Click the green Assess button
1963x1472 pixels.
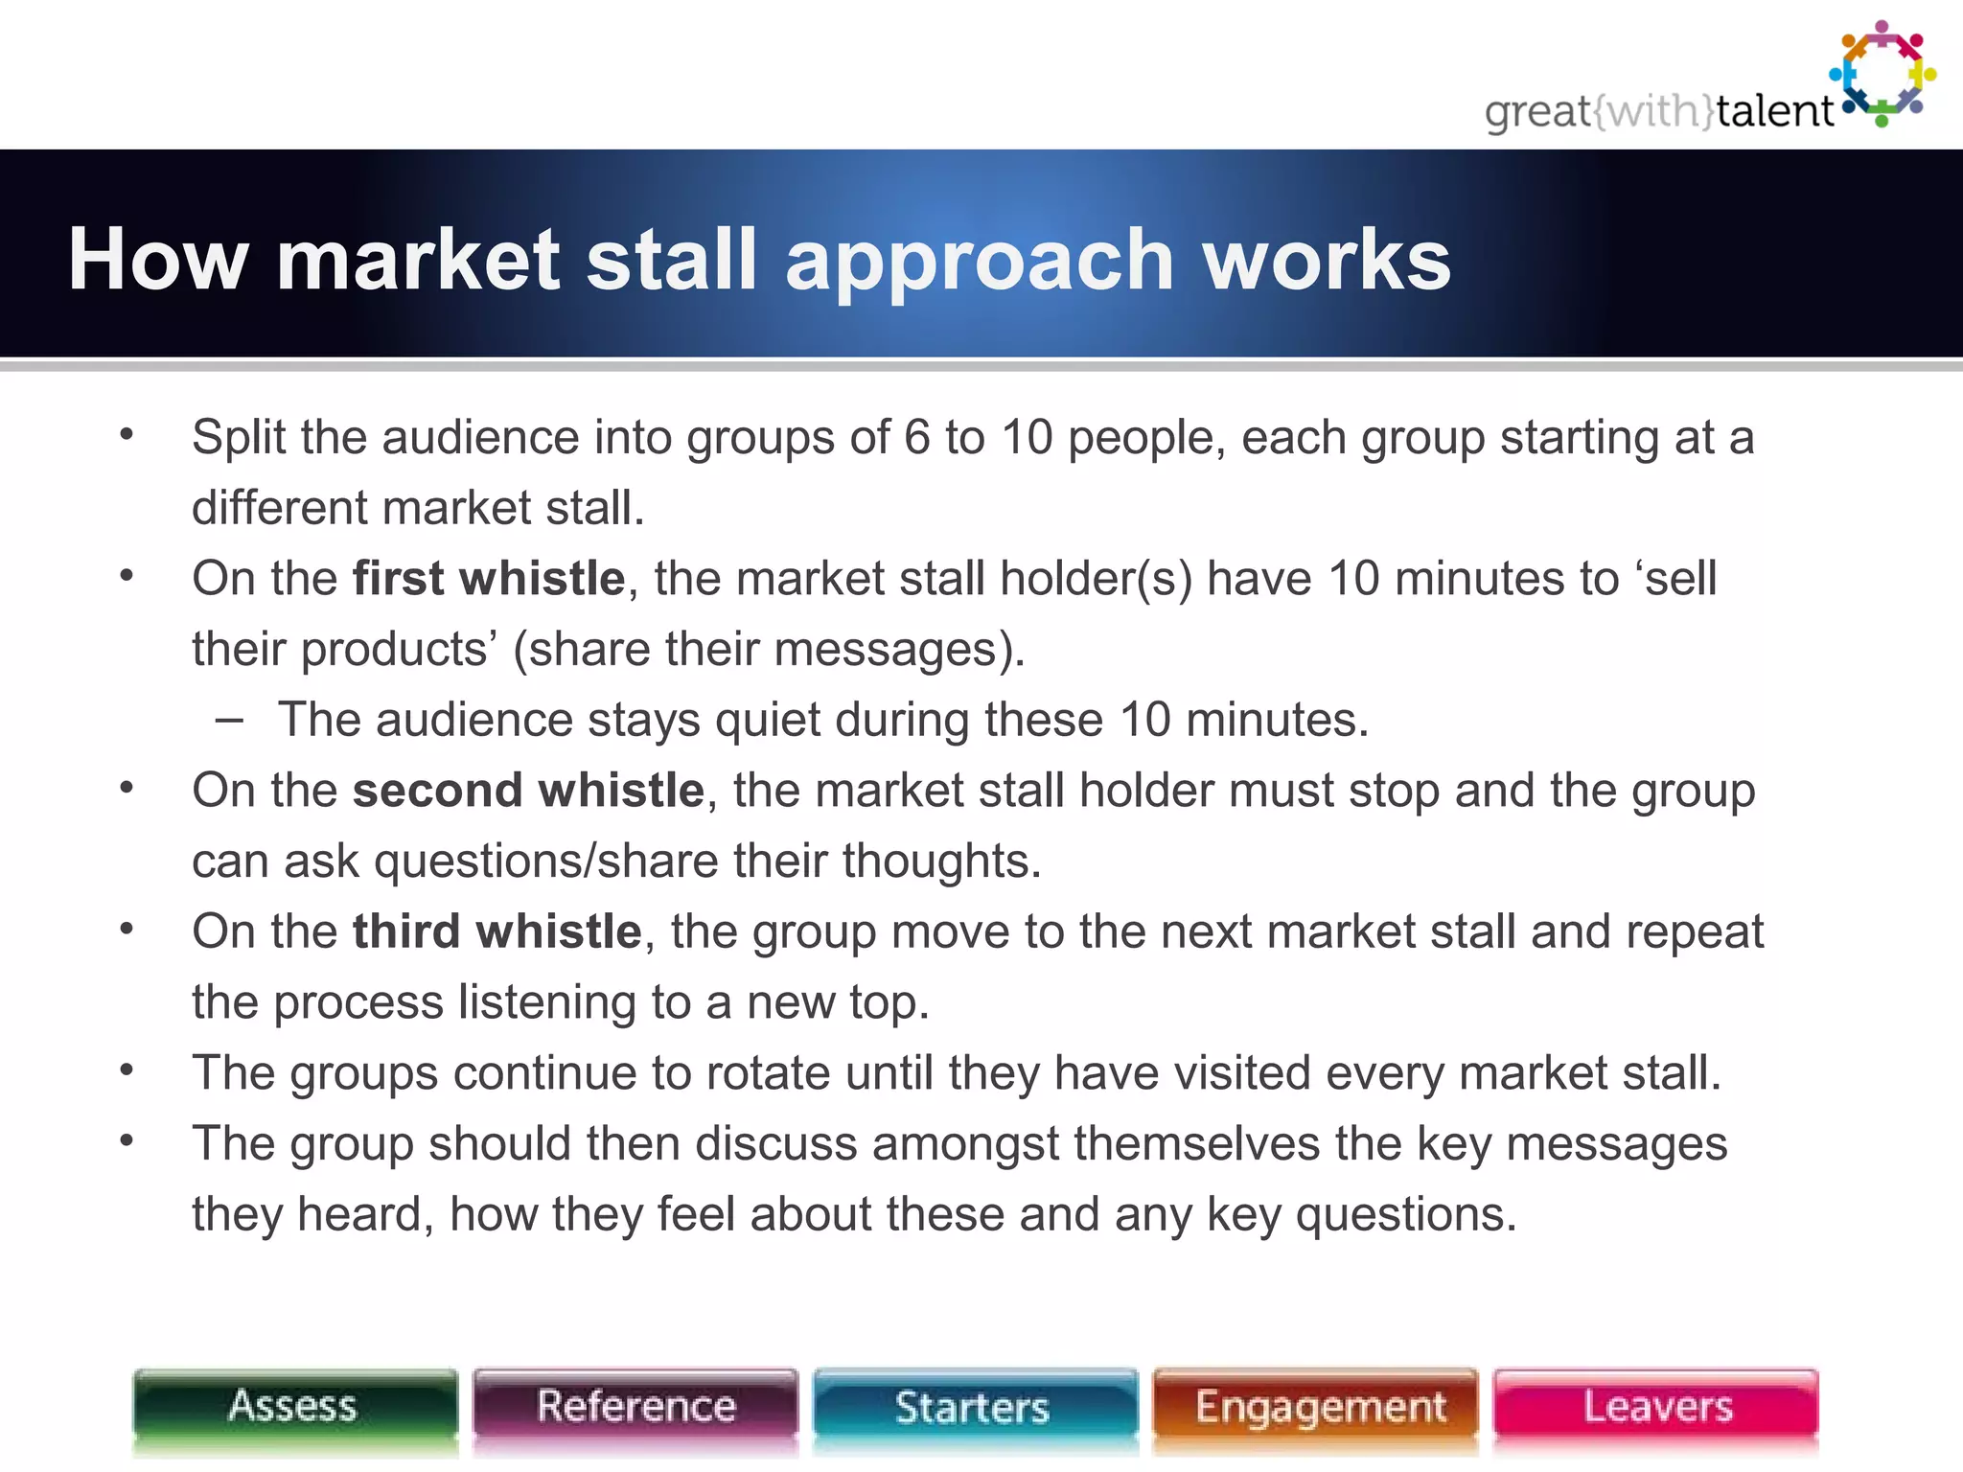coord(294,1407)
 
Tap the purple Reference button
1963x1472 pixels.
coord(635,1407)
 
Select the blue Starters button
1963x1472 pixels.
coord(974,1407)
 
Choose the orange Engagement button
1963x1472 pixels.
coord(1315,1407)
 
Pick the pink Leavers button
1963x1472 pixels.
coord(1655,1407)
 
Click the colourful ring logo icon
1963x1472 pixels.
coord(1882,73)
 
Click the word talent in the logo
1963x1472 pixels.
coord(1774,111)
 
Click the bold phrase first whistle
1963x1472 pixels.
coord(489,579)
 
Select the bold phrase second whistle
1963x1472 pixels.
coord(528,791)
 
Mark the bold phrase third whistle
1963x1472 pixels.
coord(497,931)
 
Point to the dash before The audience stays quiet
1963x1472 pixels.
coord(229,720)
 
